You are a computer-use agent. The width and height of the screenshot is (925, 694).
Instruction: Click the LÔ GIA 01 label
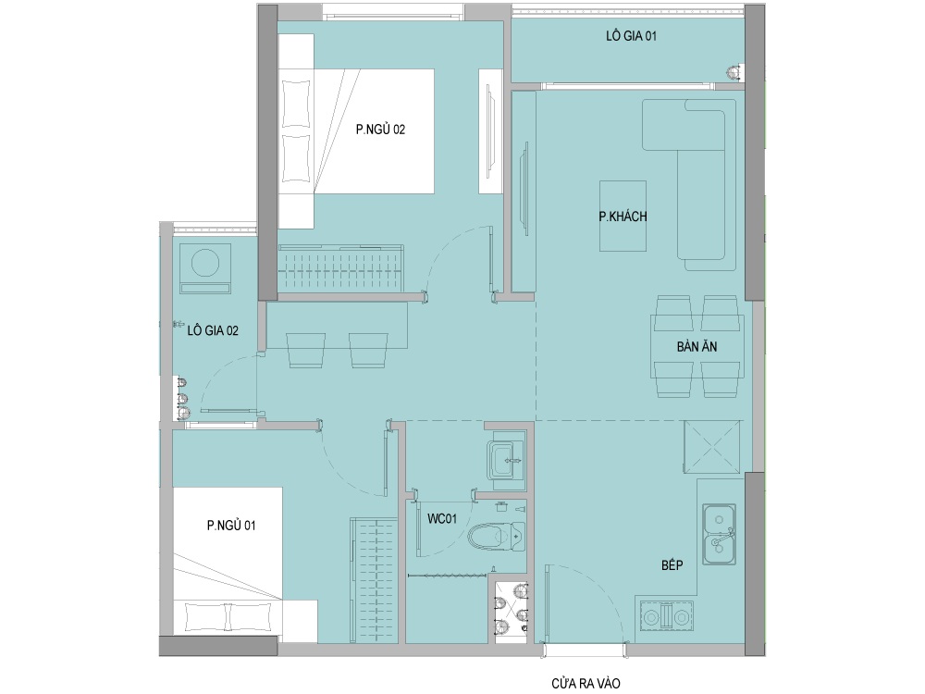[x=631, y=36]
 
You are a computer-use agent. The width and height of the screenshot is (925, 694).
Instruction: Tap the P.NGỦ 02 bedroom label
[x=380, y=130]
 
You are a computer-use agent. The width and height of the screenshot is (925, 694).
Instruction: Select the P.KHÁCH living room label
[x=623, y=217]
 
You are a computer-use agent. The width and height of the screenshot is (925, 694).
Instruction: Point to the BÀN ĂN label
[x=697, y=346]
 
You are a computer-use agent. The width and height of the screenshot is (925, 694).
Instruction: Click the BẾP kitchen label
[x=672, y=564]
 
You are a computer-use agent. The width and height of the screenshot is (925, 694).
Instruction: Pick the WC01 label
[x=442, y=519]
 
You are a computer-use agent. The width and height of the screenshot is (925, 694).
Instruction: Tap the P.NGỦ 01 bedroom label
[x=231, y=525]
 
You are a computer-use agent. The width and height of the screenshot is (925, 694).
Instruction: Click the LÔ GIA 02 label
[x=213, y=330]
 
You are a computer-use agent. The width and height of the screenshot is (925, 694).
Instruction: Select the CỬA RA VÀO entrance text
[x=586, y=684]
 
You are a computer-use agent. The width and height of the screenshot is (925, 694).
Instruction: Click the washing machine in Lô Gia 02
[x=205, y=268]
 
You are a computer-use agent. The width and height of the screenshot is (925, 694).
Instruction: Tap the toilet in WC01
[x=496, y=537]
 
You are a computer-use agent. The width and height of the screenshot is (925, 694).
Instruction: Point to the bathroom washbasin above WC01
[x=506, y=460]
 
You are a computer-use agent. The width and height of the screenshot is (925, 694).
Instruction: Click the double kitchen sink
[x=719, y=533]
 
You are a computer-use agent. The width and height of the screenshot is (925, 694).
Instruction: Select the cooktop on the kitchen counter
[x=666, y=617]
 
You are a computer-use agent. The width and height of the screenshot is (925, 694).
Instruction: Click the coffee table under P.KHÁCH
[x=623, y=216]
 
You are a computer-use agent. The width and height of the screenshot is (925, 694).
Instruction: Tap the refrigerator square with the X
[x=712, y=447]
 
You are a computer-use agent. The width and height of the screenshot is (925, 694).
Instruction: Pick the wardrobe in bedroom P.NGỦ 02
[x=341, y=268]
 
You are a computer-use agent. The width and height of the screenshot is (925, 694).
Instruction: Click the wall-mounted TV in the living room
[x=523, y=189]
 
